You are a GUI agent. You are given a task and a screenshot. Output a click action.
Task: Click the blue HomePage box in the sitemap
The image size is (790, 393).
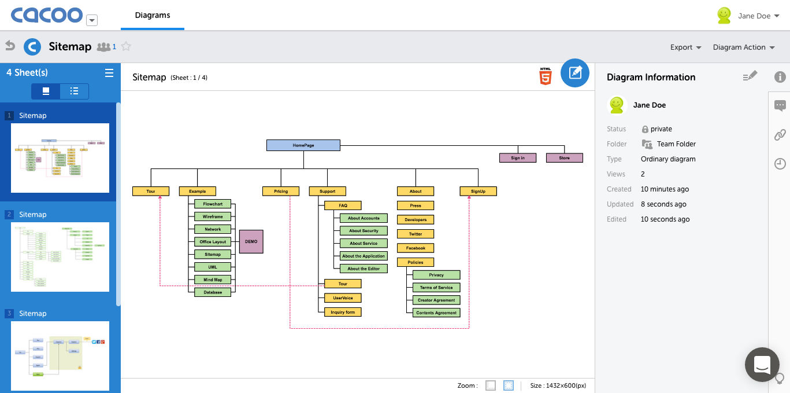[x=303, y=145]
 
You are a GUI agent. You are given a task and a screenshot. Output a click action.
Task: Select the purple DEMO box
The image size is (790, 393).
[x=251, y=241]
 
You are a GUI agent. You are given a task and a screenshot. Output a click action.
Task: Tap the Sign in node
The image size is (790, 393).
[x=518, y=158]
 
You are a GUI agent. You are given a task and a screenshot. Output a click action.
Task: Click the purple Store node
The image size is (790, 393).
[x=565, y=158]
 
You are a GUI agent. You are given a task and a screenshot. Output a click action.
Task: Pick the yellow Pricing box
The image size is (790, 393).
[x=281, y=191]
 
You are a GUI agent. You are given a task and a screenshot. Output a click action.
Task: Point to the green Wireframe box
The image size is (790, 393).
[x=213, y=216]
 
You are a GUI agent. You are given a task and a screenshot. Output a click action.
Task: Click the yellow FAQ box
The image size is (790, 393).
[x=343, y=205]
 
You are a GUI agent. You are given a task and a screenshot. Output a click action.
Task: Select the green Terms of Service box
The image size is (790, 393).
[x=436, y=288]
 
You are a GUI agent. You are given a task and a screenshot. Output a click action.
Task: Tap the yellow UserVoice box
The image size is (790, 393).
[x=343, y=298]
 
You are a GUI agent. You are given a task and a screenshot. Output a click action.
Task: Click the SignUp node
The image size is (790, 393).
[x=478, y=191]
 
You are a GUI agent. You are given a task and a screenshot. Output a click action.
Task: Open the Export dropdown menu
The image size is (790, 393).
[x=685, y=47]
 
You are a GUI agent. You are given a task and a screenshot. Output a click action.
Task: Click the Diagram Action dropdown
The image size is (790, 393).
[x=743, y=47]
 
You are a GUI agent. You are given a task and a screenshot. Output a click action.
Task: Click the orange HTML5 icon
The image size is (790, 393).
[x=545, y=76]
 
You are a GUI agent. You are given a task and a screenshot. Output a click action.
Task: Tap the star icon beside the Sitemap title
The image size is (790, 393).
[x=126, y=47]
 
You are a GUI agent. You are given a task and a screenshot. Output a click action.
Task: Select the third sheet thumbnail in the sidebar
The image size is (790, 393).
[x=60, y=355]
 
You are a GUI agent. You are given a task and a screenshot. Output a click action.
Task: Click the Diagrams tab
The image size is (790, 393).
[x=153, y=15]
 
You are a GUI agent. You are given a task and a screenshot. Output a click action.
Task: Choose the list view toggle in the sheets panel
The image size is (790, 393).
[x=74, y=91]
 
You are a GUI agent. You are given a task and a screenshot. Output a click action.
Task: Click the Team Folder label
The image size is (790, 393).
[x=676, y=144]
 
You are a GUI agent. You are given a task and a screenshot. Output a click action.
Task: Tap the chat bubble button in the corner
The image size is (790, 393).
[x=762, y=365]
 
